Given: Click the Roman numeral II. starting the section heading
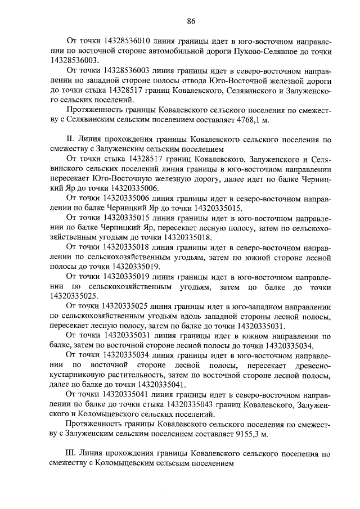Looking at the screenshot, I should click(70, 139).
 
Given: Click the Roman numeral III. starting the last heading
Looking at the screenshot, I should click(71, 454).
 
